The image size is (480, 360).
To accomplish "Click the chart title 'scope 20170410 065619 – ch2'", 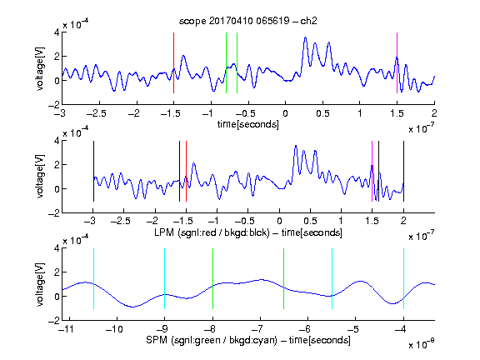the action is pos(247,21).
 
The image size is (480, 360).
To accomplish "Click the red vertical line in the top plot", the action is pos(173,62).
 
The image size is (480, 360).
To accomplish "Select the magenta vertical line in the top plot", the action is pos(397,62).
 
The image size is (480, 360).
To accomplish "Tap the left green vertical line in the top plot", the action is pos(226,62).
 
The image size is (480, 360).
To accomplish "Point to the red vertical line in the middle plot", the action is pos(186,171).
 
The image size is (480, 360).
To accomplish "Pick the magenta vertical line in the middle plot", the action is pos(372,171).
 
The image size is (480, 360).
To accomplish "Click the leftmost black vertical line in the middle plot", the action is pos(93,171).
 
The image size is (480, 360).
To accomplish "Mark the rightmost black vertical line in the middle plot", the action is pos(404,171).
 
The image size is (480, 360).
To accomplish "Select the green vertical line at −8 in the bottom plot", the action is pos(212,278).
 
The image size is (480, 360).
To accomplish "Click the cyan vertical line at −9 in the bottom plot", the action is pos(165,278).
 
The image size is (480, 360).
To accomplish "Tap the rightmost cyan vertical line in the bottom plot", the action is pos(404,278).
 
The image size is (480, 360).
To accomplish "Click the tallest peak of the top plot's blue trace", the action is pos(305,37).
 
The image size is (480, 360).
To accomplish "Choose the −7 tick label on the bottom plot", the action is pos(258,329).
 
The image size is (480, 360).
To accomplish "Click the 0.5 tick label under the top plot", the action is pos(322,113).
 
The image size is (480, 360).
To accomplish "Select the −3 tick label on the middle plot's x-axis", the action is pos(91,221).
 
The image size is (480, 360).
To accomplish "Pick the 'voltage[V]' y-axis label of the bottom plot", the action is pos(39,284).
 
